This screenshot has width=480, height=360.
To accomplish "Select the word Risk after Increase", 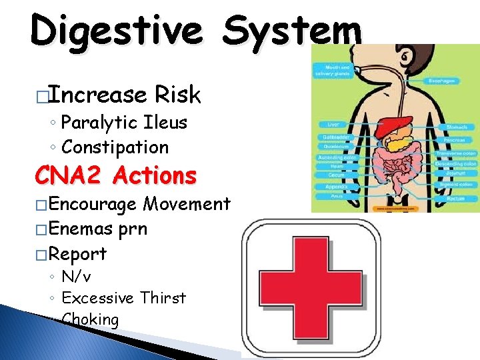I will click(x=177, y=95).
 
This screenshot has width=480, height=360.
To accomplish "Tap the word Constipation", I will click(x=115, y=147).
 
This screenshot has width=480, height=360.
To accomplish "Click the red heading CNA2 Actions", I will click(x=116, y=176).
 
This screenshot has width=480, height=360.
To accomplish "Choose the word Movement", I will click(x=187, y=204).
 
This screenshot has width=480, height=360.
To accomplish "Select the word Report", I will click(x=77, y=254).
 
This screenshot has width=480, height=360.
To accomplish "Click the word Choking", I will click(x=90, y=319).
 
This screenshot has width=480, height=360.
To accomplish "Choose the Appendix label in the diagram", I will click(x=333, y=188).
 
